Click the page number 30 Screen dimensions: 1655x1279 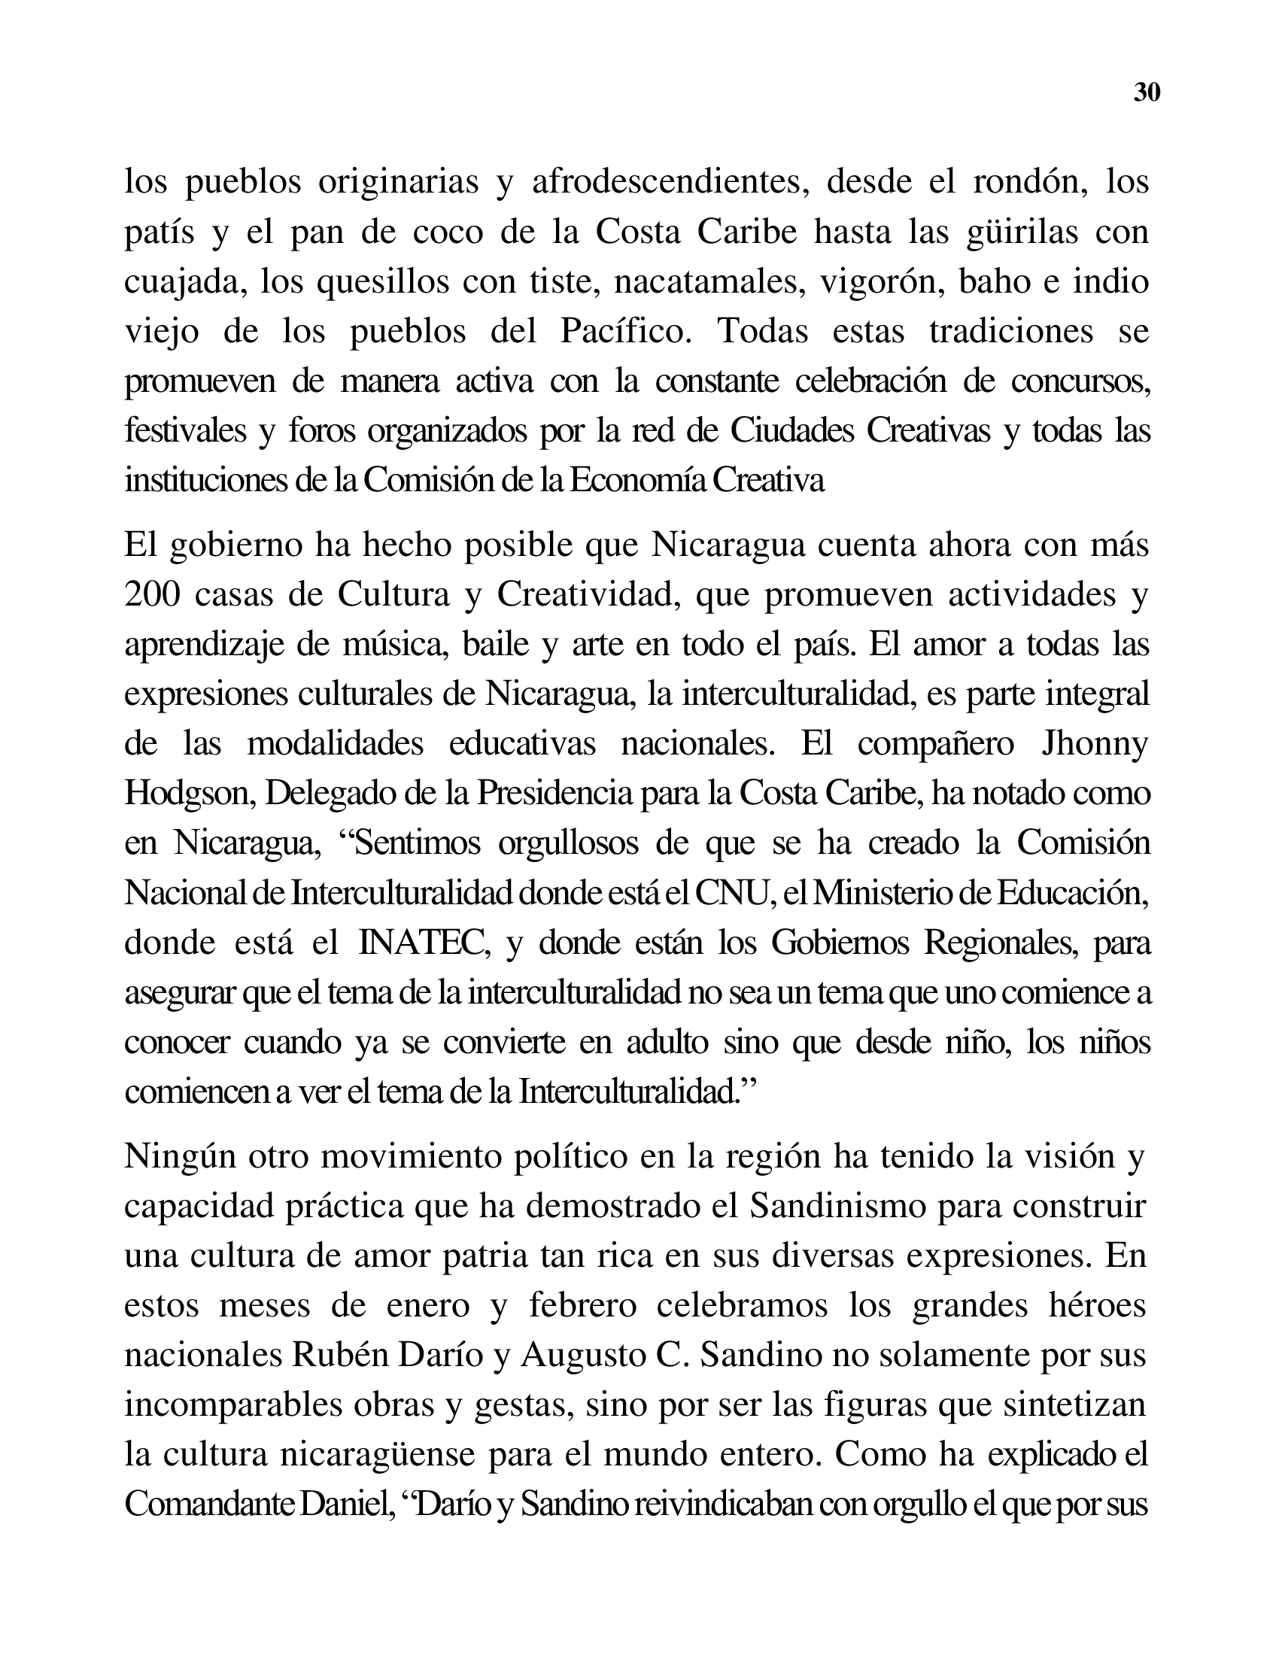tap(1147, 93)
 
